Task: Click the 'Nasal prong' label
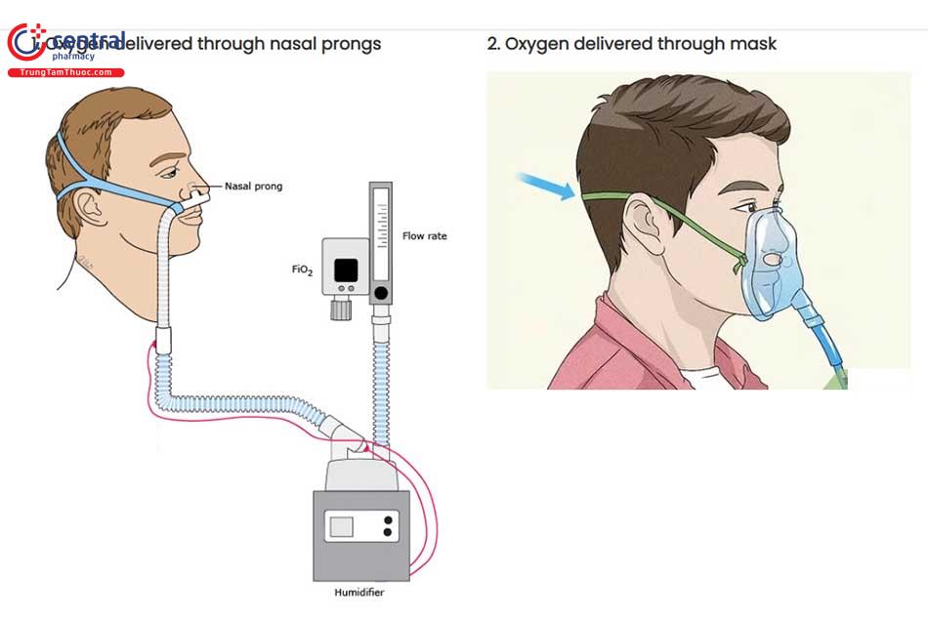click(253, 186)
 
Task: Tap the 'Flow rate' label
click(424, 236)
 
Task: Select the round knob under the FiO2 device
click(341, 310)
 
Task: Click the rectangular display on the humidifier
click(341, 526)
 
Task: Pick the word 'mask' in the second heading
click(757, 44)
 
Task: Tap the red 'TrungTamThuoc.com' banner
click(65, 72)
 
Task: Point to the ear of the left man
click(86, 206)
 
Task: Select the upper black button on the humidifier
click(389, 519)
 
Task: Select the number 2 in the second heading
click(492, 44)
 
